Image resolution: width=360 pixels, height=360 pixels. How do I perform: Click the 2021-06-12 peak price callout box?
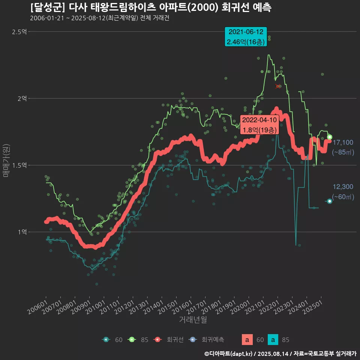click(x=246, y=37)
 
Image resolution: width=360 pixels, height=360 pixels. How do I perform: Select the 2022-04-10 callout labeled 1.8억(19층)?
click(x=260, y=125)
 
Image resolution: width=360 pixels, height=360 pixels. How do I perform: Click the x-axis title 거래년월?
click(x=193, y=320)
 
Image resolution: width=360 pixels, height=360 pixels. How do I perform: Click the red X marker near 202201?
click(x=278, y=86)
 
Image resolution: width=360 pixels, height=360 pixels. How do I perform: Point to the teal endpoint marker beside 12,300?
click(x=330, y=201)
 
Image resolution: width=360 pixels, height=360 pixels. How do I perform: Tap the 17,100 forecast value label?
click(x=343, y=142)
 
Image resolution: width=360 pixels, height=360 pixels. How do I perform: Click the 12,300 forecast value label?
click(x=343, y=187)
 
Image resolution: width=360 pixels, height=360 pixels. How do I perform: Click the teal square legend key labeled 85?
click(x=273, y=340)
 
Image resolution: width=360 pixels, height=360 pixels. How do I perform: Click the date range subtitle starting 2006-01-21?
click(x=99, y=18)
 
